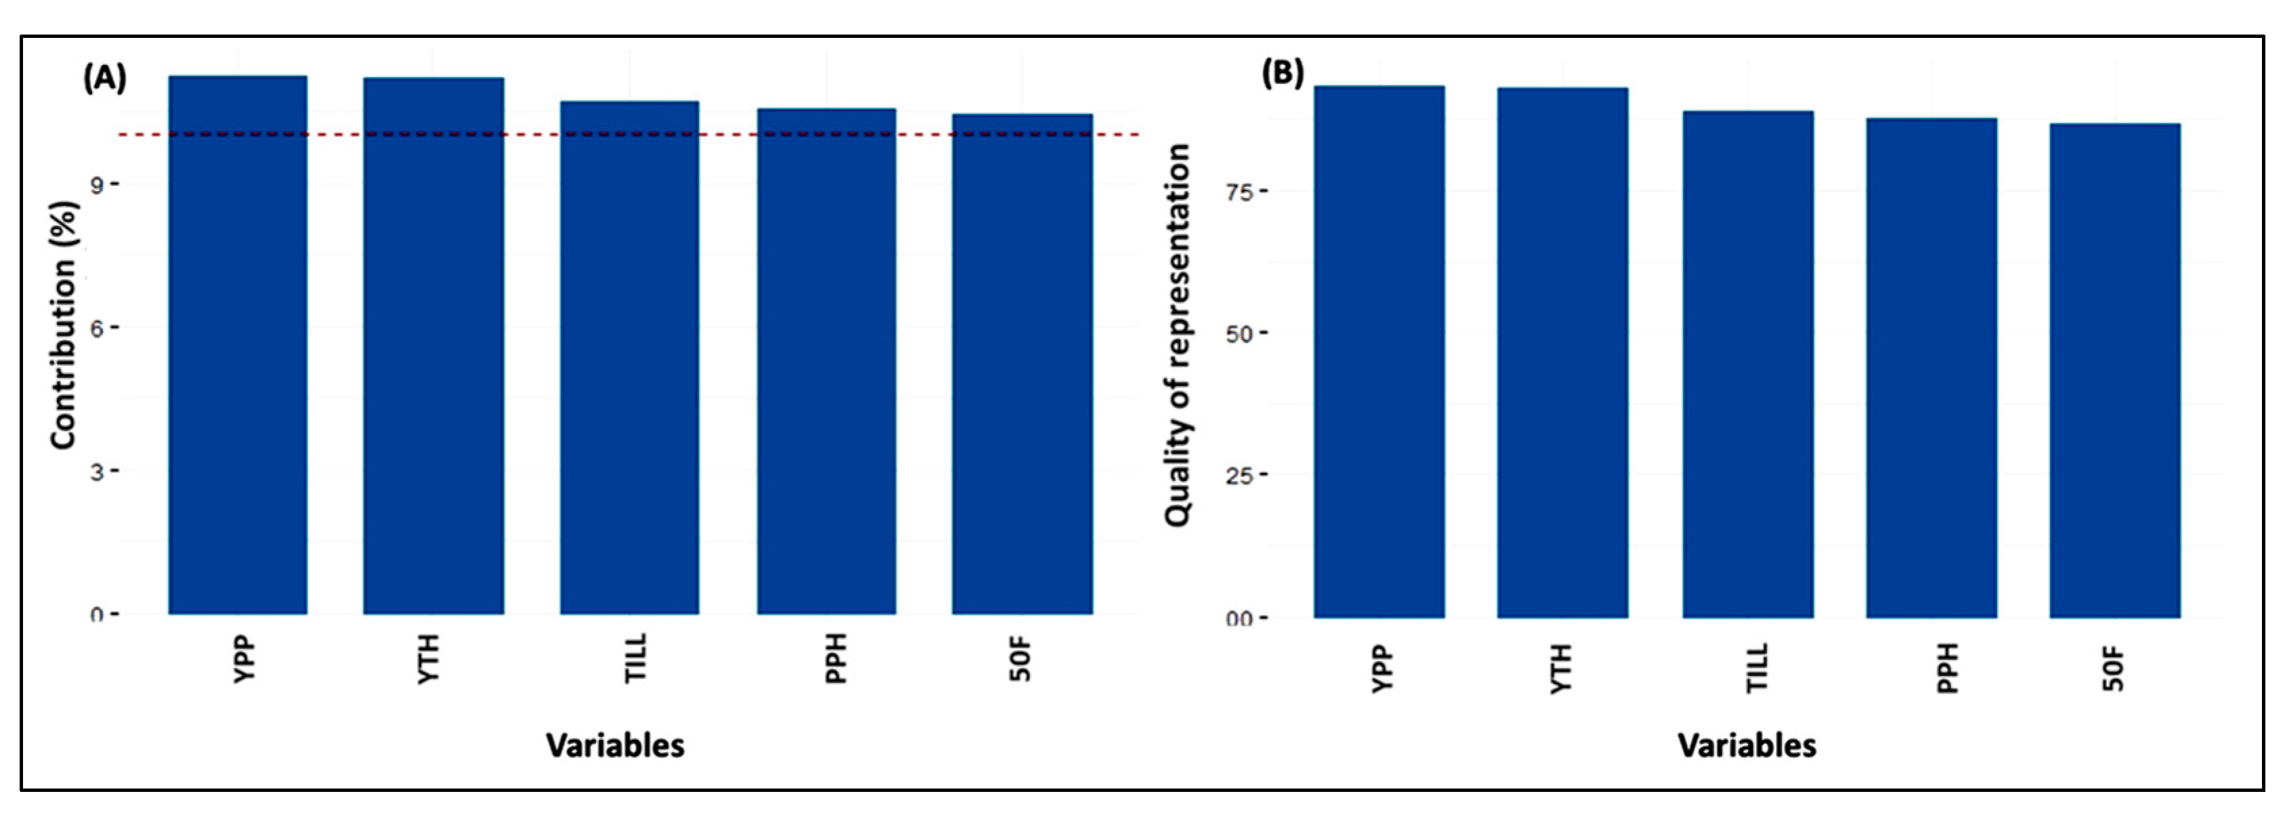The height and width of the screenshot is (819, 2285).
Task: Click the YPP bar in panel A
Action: click(238, 346)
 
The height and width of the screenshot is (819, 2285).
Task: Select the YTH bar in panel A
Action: click(433, 346)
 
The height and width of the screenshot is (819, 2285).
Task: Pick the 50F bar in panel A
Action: click(1022, 364)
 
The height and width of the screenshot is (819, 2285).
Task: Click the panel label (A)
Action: click(105, 79)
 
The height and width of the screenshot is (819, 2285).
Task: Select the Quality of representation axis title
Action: click(1177, 335)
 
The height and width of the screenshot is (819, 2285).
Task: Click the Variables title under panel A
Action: click(615, 745)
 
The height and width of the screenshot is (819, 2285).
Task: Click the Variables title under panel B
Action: click(1747, 745)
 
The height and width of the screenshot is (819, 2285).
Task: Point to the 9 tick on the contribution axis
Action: click(97, 184)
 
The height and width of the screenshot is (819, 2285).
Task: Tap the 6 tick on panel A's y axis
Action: click(97, 327)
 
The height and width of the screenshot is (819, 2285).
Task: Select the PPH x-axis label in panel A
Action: click(836, 658)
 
